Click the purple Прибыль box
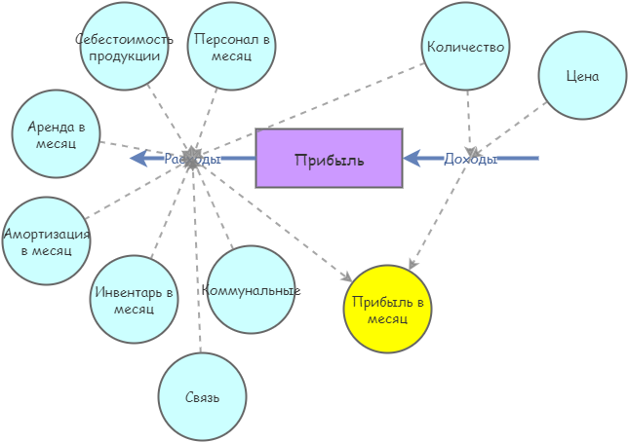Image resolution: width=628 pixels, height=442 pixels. pyautogui.click(x=329, y=158)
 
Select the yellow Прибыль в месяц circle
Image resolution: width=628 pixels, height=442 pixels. pyautogui.click(x=387, y=310)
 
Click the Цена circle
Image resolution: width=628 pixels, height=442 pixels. pyautogui.click(x=582, y=76)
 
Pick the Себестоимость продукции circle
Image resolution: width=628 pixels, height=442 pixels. pyautogui.click(x=124, y=46)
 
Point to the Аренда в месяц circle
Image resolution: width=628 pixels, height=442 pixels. pyautogui.click(x=56, y=133)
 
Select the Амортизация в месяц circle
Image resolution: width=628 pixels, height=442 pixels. pyautogui.click(x=46, y=241)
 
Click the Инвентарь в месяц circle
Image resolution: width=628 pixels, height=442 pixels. pyautogui.click(x=134, y=299)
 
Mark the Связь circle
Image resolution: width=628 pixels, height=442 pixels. pyautogui.click(x=202, y=397)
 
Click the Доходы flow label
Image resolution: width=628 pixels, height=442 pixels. pyautogui.click(x=470, y=159)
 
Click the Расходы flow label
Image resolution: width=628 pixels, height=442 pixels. pyautogui.click(x=192, y=159)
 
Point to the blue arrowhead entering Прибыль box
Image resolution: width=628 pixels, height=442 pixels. pyautogui.click(x=412, y=158)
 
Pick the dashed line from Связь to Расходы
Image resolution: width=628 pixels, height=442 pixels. pyautogui.click(x=197, y=273)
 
